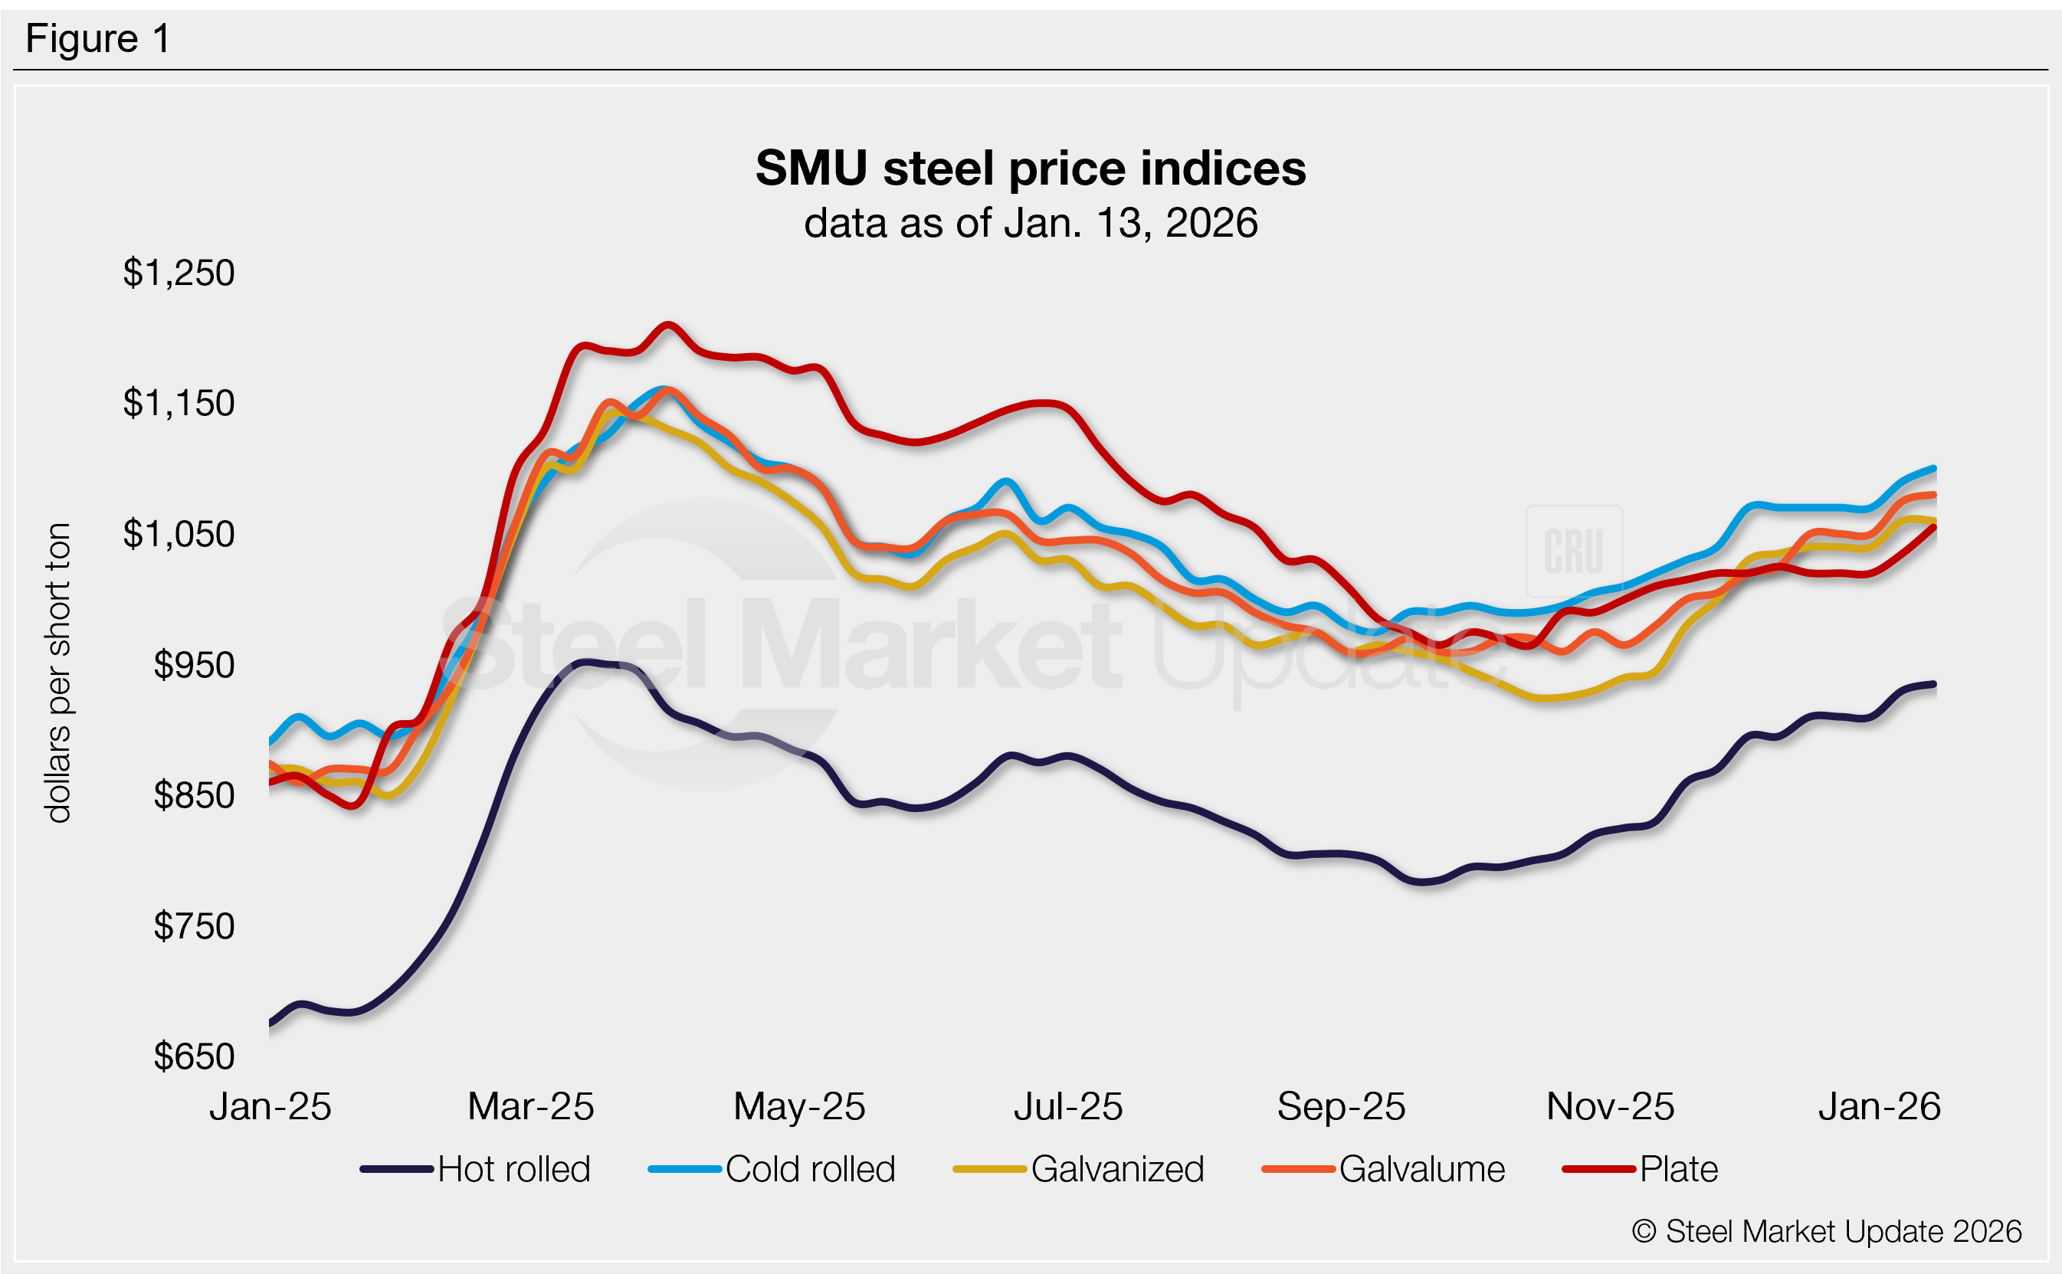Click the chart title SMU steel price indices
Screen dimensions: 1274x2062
pos(1030,169)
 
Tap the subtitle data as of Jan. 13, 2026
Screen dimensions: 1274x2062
pos(1030,223)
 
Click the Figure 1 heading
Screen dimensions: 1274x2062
pos(98,39)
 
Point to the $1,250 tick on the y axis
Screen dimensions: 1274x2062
pos(179,273)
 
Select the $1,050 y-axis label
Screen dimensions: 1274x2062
pos(179,534)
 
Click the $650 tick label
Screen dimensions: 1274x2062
pos(194,1056)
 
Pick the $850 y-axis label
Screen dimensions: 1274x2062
pos(194,795)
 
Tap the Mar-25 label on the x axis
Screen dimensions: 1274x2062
pos(531,1106)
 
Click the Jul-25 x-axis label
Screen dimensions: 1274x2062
pos(1067,1106)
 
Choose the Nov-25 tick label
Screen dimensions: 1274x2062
pos(1609,1106)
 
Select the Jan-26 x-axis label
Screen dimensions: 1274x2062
pos(1879,1106)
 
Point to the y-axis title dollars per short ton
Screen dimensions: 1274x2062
pos(58,673)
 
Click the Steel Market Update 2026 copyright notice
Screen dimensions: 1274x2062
pos(1826,1232)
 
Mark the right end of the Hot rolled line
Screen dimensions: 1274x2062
pos(1933,684)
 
